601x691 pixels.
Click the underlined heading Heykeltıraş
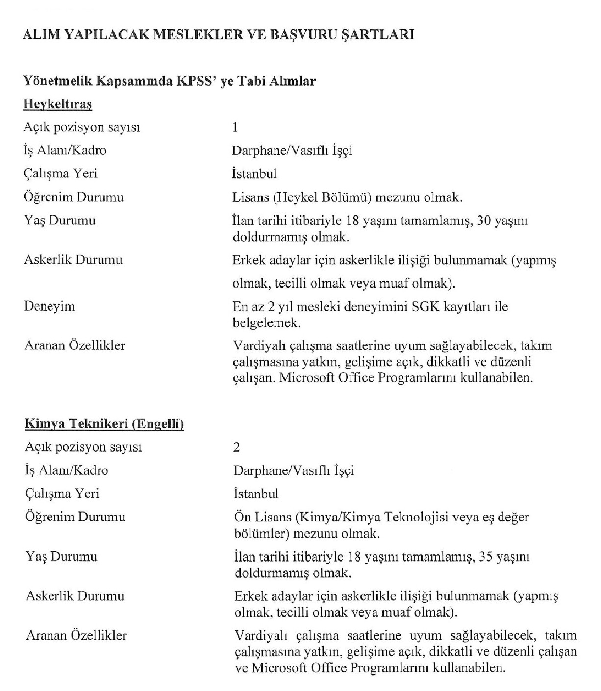[x=58, y=104]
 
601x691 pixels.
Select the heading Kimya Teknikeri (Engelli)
[x=104, y=424]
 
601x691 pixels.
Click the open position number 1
[x=235, y=127]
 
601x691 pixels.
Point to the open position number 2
[x=237, y=447]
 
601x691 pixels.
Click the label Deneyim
[x=50, y=307]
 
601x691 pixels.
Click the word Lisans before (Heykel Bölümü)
[x=250, y=197]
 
